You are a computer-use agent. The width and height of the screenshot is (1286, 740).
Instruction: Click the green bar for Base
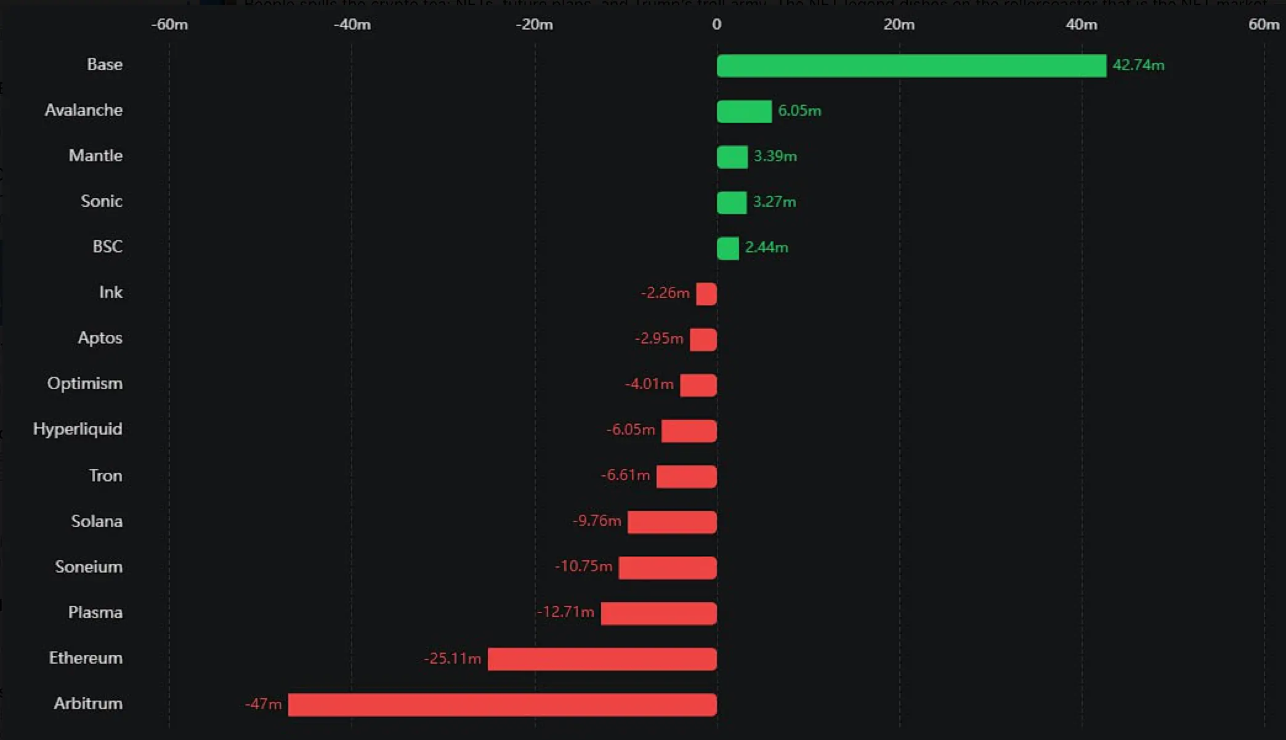click(x=912, y=66)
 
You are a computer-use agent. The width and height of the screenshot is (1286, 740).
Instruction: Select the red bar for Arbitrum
click(x=502, y=705)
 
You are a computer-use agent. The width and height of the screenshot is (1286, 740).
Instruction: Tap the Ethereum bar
click(x=602, y=659)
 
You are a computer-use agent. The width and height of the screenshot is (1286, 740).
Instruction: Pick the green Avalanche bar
click(x=744, y=111)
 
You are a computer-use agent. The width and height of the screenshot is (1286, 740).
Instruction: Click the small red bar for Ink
click(x=706, y=294)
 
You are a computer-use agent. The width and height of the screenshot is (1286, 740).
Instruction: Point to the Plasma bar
click(x=658, y=614)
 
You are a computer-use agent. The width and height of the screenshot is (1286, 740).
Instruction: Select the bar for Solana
click(x=672, y=522)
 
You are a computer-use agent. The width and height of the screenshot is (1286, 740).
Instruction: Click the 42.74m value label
click(x=1138, y=65)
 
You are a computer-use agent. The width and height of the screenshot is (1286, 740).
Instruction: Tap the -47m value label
click(x=264, y=704)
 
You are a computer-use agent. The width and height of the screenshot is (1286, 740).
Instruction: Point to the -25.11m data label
click(x=452, y=658)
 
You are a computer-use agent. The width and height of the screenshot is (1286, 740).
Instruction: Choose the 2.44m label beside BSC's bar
click(x=766, y=247)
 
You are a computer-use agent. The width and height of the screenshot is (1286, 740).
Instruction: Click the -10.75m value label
click(x=583, y=566)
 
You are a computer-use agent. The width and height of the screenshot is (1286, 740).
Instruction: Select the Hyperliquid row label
click(x=78, y=429)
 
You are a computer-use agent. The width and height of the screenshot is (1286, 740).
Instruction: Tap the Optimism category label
click(x=85, y=384)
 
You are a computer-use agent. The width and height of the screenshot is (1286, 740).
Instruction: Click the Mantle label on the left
click(x=95, y=156)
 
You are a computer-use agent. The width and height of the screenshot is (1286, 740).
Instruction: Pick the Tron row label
click(x=105, y=476)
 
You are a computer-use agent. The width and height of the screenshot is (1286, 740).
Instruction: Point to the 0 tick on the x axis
click(x=716, y=25)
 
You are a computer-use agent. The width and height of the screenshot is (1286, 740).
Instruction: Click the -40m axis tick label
click(x=352, y=25)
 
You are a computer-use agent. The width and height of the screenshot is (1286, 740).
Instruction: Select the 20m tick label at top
click(x=899, y=25)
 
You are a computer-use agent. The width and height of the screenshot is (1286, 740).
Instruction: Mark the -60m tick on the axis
click(x=169, y=25)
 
